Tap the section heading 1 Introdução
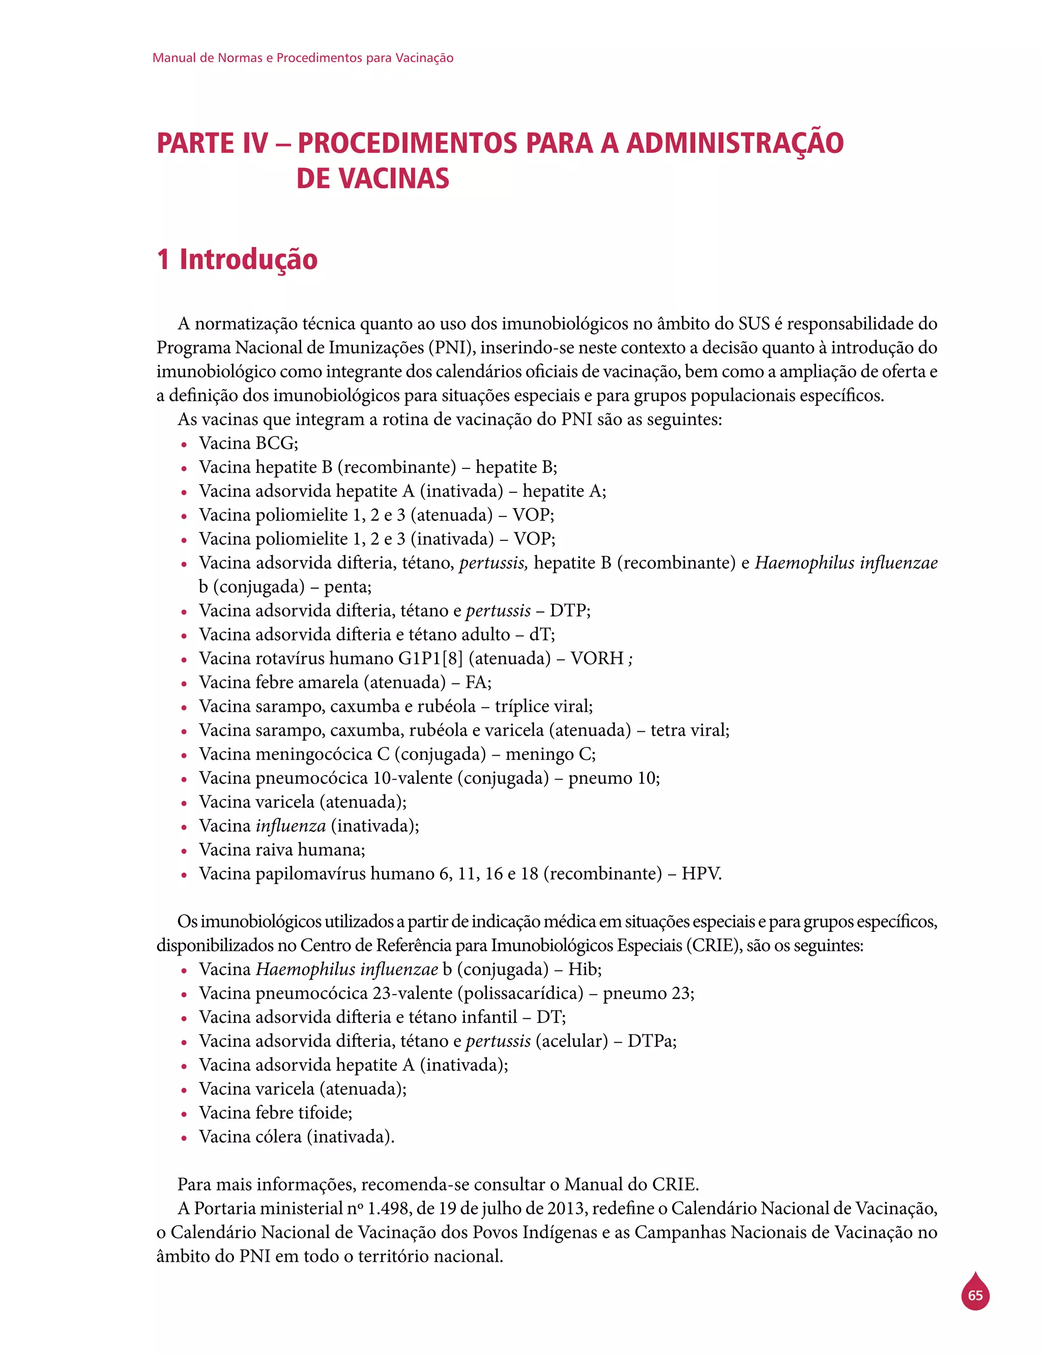coord(237,259)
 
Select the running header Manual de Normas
coord(302,58)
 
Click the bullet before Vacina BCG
coord(184,445)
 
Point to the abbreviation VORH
coord(597,658)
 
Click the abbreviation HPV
coord(701,874)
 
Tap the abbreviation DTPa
coord(651,1041)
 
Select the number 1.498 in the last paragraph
coord(389,1208)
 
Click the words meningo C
coord(550,754)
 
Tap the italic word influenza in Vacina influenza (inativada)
coord(291,826)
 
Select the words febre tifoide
coord(303,1113)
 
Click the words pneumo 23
coord(648,993)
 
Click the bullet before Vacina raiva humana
coord(184,851)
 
